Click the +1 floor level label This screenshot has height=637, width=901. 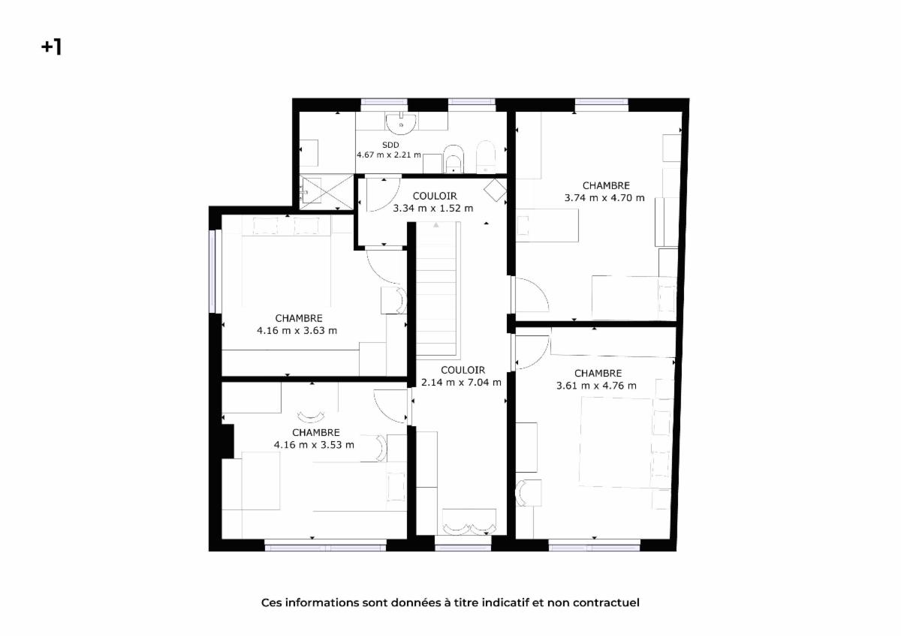click(51, 47)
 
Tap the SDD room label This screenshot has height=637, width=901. click(390, 145)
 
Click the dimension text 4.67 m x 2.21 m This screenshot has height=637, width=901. click(389, 155)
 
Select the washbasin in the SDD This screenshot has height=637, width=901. click(401, 123)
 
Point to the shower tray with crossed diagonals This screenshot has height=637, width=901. click(326, 192)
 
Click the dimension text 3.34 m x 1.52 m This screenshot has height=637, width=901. click(433, 209)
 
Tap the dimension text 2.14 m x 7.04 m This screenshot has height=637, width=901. click(461, 383)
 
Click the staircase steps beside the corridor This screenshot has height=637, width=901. click(436, 289)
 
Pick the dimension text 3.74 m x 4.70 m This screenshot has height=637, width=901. click(604, 198)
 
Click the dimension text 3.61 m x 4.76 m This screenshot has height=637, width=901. click(596, 386)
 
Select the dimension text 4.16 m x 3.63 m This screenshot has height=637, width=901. click(297, 331)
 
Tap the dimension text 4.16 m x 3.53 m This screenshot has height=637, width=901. click(314, 445)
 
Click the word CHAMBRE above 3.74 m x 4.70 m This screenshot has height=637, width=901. click(606, 185)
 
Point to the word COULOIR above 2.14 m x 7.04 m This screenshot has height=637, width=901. click(463, 370)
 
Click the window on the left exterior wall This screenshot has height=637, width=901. click(215, 271)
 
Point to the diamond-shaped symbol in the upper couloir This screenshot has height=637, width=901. click(495, 190)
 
